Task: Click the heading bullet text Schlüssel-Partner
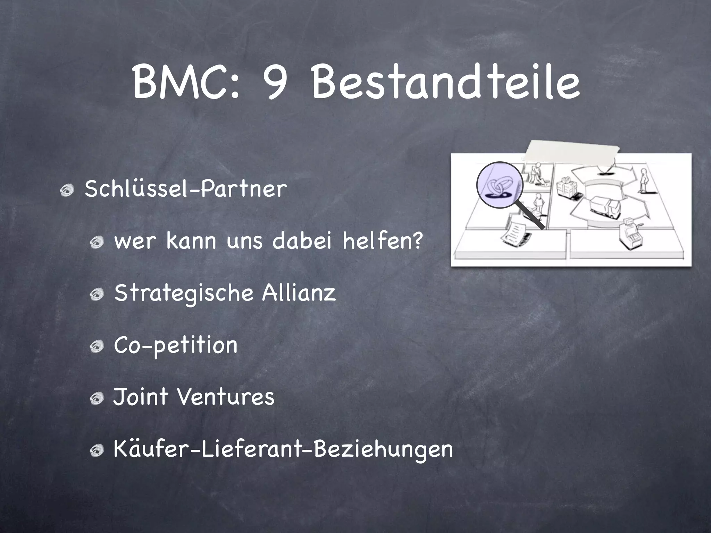186,189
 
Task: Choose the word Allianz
299,293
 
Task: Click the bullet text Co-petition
176,346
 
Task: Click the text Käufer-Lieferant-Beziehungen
283,450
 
